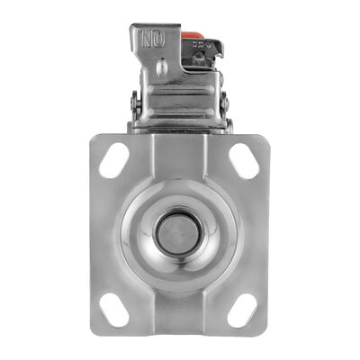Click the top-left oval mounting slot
coord(114,160)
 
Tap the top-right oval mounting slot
coord(244,161)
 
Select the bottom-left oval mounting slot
coord(114,310)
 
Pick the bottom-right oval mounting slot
coord(242,310)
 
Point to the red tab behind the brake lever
coord(192,35)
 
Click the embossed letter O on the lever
coord(159,40)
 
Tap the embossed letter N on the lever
coord(148,40)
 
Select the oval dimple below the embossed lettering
coord(162,67)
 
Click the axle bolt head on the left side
coord(134,103)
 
